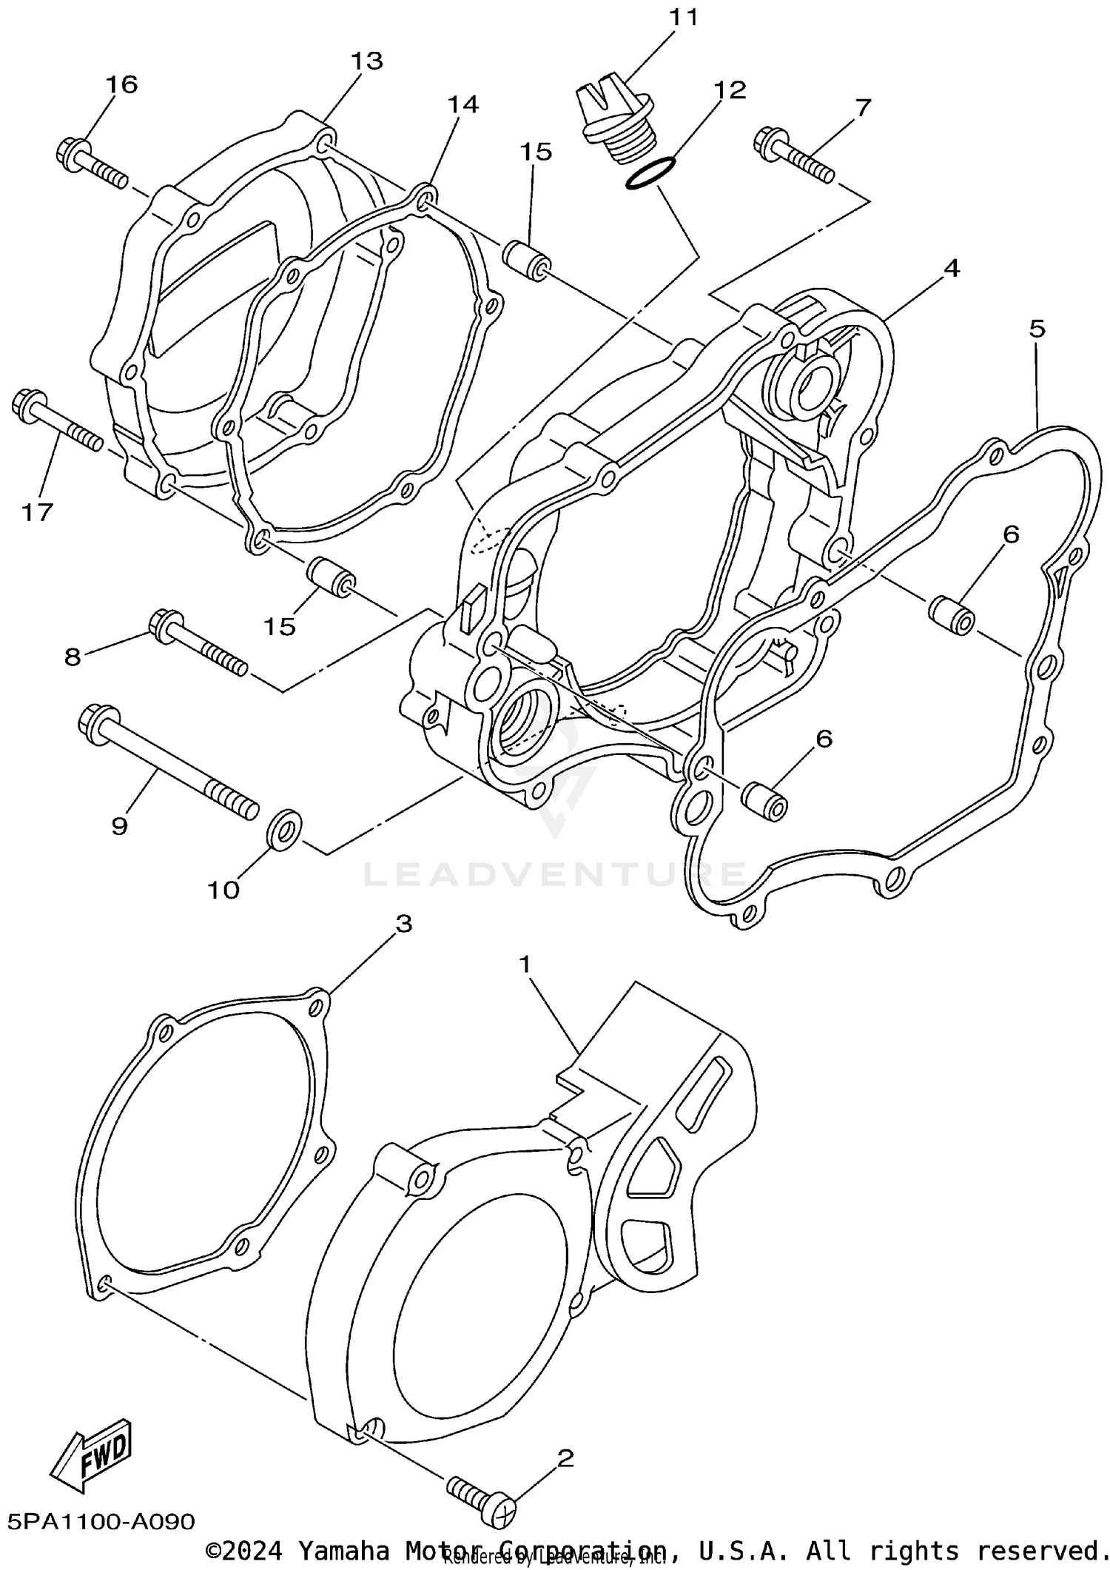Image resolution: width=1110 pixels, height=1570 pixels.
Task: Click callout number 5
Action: coord(1037,328)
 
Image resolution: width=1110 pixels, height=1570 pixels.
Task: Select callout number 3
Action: coord(403,923)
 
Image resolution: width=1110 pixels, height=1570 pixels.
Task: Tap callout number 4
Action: coord(952,268)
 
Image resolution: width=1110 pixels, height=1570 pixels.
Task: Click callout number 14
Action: coord(462,104)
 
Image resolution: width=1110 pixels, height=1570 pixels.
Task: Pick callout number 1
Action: coord(525,964)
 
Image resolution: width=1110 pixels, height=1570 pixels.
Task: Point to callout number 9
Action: coord(119,825)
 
